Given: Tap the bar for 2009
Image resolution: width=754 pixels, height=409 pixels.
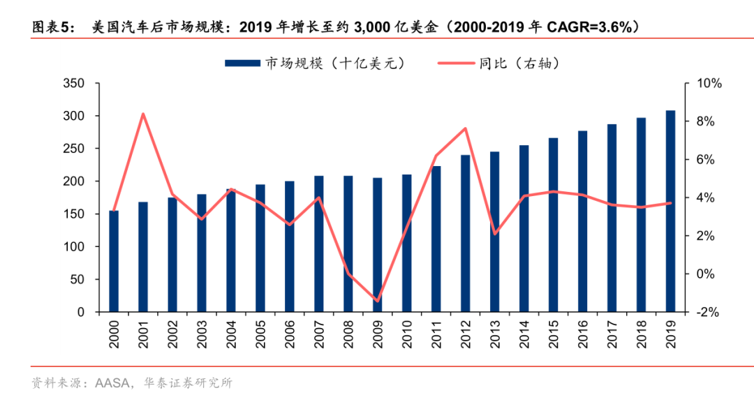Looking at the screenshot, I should tap(377, 244).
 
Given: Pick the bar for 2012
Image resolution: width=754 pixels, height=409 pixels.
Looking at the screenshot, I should tap(465, 233).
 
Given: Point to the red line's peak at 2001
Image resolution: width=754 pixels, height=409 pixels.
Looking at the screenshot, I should tap(142, 113).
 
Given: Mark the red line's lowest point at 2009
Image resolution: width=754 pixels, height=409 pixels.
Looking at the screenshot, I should tap(377, 302).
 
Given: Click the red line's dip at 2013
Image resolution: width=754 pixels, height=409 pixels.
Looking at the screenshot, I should tap(494, 234).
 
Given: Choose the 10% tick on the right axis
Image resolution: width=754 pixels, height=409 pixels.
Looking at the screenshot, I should tap(706, 84).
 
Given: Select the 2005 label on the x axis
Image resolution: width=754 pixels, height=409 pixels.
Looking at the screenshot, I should tap(260, 332).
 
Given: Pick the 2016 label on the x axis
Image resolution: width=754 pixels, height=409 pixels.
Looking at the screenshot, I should tap(582, 332).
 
